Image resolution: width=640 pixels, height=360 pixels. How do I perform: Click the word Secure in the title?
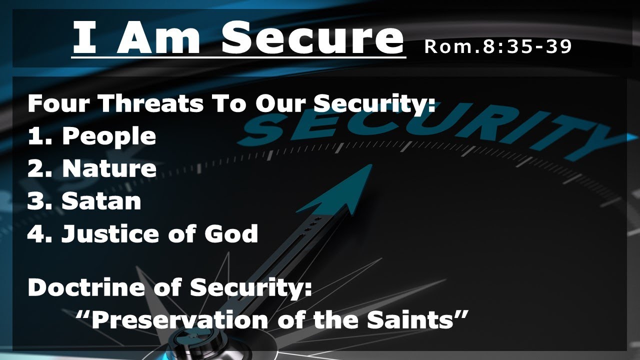tap(312, 39)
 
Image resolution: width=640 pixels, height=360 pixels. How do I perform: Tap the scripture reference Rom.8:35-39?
tap(497, 46)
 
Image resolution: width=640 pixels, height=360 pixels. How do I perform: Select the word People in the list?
tap(108, 136)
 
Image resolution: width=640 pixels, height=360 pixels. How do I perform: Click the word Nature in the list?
tap(109, 169)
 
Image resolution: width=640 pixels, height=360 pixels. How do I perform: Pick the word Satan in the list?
tap(101, 201)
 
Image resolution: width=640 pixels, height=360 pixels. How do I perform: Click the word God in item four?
tap(233, 233)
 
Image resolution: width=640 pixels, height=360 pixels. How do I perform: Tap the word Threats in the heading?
tap(150, 104)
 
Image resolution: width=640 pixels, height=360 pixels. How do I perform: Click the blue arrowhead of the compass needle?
tap(345, 192)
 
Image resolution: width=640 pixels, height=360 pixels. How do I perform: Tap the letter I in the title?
tap(85, 39)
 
